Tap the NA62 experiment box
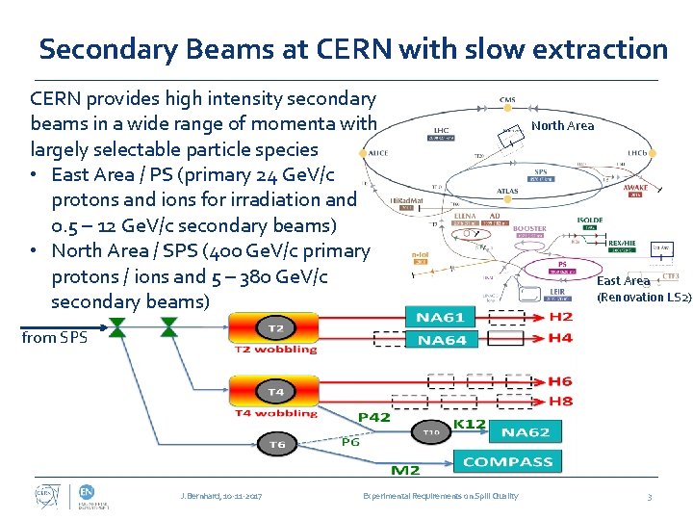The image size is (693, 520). coord(526,433)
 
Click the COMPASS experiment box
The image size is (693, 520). coord(507,462)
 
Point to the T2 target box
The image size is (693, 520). coord(275,328)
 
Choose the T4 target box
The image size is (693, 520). coord(275,392)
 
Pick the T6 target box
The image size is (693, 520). coord(277,444)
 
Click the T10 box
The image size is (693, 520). coord(430,433)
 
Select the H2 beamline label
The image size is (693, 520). coord(560,317)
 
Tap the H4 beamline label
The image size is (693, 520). coord(560,338)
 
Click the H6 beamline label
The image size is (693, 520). coord(560,382)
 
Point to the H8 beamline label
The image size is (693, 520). coord(560,402)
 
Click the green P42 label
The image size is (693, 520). coord(374,417)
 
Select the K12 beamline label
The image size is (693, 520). coord(469,424)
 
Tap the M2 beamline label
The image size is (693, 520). coord(405,471)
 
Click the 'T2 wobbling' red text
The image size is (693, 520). coord(275,350)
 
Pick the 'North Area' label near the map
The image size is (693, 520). coord(562,125)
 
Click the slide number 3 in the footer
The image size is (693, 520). coord(649,496)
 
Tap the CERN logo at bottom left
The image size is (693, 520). coord(43,496)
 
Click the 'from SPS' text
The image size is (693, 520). coord(55,337)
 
